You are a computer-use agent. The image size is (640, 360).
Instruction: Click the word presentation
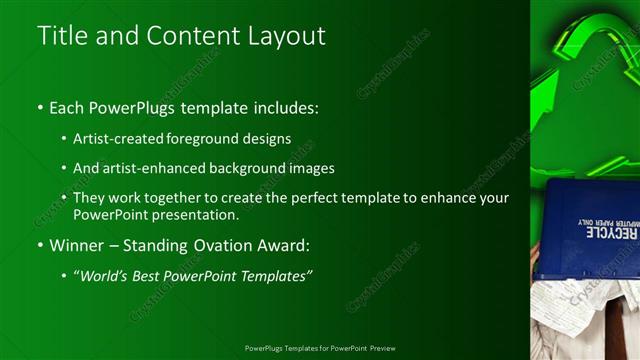pos(190,215)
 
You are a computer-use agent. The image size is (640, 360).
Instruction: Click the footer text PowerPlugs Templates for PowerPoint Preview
pos(320,348)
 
